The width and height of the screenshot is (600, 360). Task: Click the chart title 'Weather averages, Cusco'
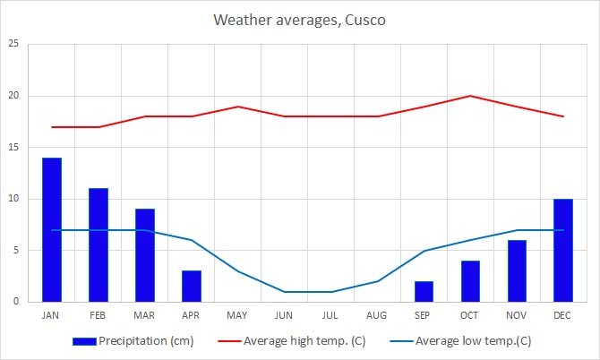click(299, 20)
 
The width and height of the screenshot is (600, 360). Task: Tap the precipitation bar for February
click(99, 244)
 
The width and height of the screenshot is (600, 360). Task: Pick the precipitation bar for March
click(145, 255)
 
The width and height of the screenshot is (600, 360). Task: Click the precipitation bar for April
click(192, 286)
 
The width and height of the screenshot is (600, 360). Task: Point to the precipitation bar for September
click(424, 291)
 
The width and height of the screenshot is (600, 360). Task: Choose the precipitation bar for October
click(470, 281)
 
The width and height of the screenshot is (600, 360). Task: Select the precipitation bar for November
click(517, 270)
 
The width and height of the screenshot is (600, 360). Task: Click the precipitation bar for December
click(563, 250)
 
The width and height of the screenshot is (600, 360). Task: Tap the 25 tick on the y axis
click(13, 44)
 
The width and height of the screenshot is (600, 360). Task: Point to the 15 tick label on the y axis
click(13, 147)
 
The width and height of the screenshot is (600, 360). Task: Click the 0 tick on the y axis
click(15, 302)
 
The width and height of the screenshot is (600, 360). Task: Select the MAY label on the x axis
click(238, 315)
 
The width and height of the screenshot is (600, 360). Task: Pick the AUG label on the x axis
click(377, 315)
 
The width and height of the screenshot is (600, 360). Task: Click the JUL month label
click(330, 315)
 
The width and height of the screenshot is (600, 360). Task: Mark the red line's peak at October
click(470, 96)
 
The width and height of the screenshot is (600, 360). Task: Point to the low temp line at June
click(285, 291)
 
